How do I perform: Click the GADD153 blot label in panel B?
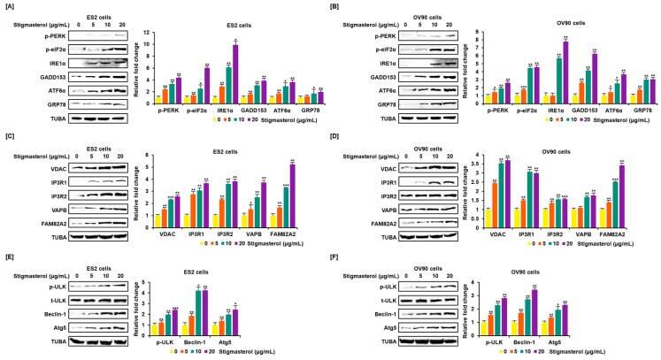(x=377, y=75)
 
